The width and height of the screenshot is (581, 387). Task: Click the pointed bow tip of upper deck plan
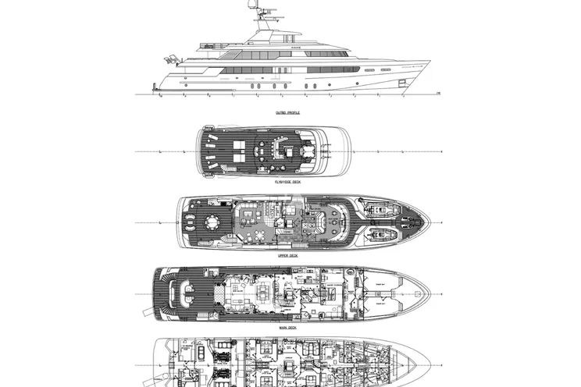429,222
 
